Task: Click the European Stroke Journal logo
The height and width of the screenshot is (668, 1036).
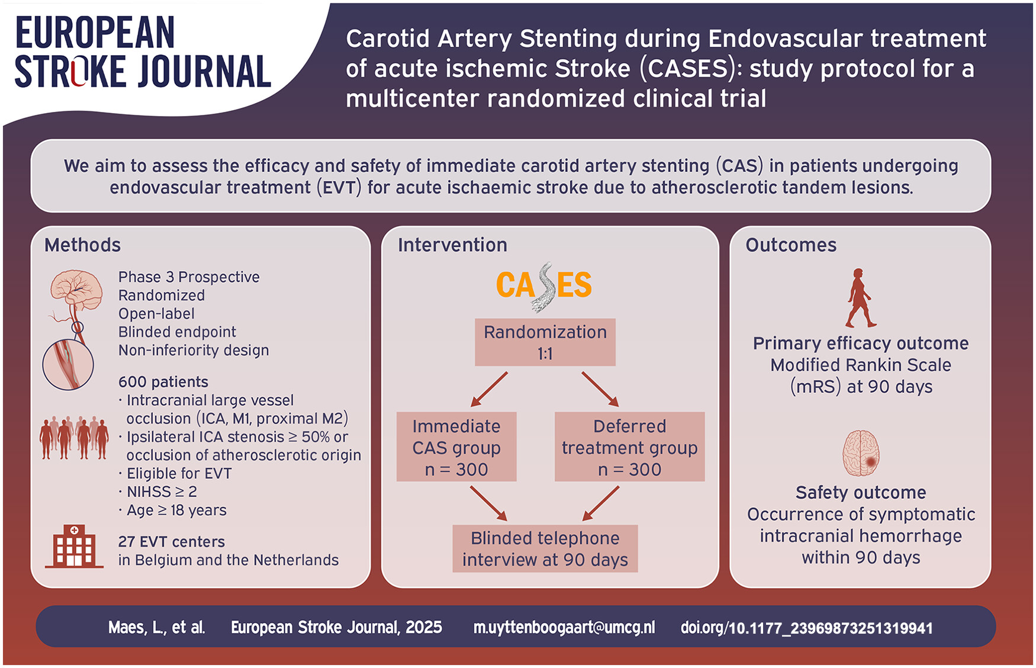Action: [143, 52]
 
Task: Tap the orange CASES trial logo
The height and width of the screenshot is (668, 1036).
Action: [543, 286]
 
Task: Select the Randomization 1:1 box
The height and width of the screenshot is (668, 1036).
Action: [545, 342]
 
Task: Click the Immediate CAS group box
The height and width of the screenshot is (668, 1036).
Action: [456, 447]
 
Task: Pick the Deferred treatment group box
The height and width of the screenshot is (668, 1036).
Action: [630, 447]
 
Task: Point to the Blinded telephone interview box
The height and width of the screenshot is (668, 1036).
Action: [545, 548]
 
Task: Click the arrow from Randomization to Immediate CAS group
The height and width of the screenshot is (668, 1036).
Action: [489, 390]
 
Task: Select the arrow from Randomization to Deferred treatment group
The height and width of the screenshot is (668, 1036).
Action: [600, 390]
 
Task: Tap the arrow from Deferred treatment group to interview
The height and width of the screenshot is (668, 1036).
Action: [600, 503]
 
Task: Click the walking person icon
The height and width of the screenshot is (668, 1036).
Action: [860, 298]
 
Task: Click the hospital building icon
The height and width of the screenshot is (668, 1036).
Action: [74, 546]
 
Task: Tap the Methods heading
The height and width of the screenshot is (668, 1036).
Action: [82, 245]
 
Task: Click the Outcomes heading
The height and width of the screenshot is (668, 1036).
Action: [791, 245]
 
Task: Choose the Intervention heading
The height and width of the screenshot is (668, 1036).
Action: [452, 245]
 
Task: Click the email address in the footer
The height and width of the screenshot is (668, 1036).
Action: [564, 628]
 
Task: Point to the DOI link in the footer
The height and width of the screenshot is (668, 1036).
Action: [807, 628]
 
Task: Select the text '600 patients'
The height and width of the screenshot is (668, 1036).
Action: [163, 382]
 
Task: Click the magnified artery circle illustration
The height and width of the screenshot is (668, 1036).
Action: [68, 364]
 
